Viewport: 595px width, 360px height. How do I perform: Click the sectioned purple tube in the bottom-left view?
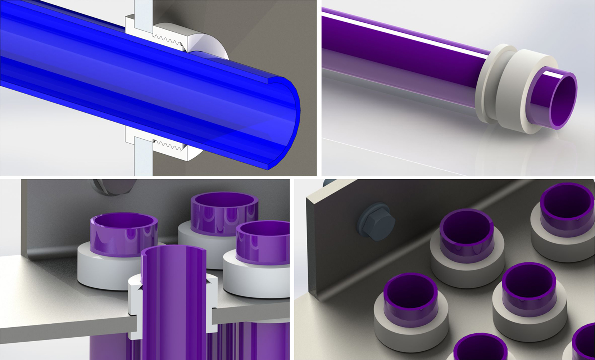[173, 306]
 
